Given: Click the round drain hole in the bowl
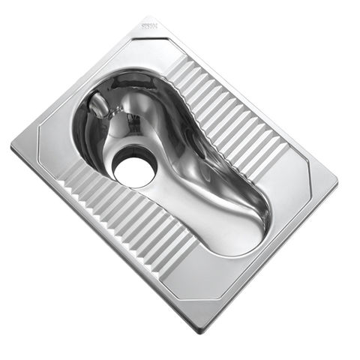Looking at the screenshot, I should pos(134,167).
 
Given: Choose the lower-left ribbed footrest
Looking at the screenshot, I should pos(120,217).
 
